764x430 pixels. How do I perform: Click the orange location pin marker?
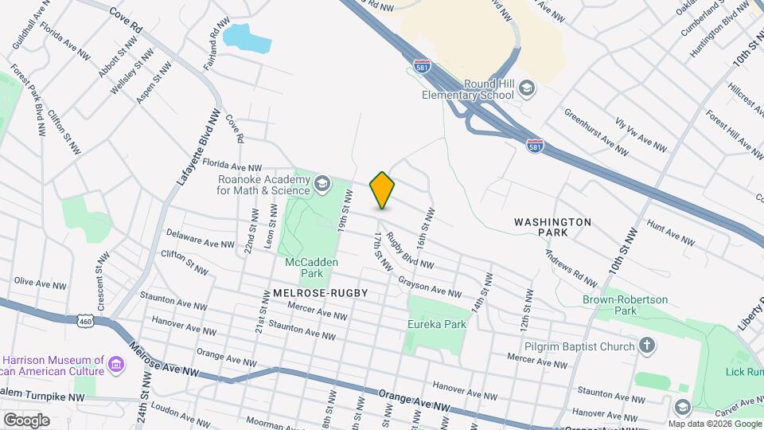pyautogui.click(x=382, y=190)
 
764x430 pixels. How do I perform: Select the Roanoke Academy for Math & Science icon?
pyautogui.click(x=322, y=185)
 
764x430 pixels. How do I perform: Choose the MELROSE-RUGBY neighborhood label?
pyautogui.click(x=321, y=293)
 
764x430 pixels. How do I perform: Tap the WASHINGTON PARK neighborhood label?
pyautogui.click(x=552, y=227)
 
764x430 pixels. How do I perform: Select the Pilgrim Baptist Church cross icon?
pyautogui.click(x=648, y=346)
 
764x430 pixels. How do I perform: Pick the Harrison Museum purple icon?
pyautogui.click(x=117, y=365)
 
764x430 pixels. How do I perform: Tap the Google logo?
pyautogui.click(x=26, y=420)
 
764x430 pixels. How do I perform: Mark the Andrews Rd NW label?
pyautogui.click(x=571, y=268)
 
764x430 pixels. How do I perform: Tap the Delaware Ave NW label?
pyautogui.click(x=200, y=239)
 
